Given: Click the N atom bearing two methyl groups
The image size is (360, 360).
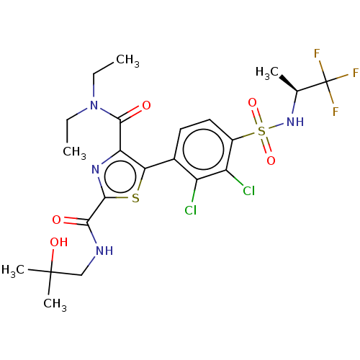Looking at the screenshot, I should (x=94, y=106).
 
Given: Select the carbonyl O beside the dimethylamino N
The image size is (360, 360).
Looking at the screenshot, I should (x=146, y=106).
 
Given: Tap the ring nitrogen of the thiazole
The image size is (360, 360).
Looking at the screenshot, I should (x=96, y=171).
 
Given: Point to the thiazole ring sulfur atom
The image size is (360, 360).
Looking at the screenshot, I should (x=135, y=199).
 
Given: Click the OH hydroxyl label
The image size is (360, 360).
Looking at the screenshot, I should (x=58, y=243).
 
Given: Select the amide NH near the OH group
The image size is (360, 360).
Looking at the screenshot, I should (x=104, y=251).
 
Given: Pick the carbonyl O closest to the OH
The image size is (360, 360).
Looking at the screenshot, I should (x=56, y=220).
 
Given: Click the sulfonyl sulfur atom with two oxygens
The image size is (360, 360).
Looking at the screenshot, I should (x=261, y=131).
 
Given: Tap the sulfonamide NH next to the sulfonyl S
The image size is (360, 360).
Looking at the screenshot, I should (x=294, y=122).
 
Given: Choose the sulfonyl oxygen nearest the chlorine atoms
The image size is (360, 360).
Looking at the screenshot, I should (x=271, y=161).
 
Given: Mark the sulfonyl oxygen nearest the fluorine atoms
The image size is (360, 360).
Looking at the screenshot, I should (x=252, y=103).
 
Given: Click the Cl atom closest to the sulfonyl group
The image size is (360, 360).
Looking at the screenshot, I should (x=248, y=191).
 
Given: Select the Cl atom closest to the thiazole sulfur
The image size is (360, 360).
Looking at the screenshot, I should (x=190, y=210).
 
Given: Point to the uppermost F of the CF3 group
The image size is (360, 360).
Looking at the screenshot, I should (x=317, y=54).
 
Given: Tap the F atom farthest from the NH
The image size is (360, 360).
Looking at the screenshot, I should (x=355, y=73).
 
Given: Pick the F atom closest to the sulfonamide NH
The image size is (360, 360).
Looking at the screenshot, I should (x=335, y=112).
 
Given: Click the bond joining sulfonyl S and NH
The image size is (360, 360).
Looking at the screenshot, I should (x=277, y=127).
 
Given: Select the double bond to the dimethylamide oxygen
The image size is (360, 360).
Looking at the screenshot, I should (x=134, y=111).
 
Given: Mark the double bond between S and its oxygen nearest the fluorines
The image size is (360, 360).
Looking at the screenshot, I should (x=256, y=117).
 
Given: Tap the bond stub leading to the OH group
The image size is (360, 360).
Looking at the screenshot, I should (x=53, y=256).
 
